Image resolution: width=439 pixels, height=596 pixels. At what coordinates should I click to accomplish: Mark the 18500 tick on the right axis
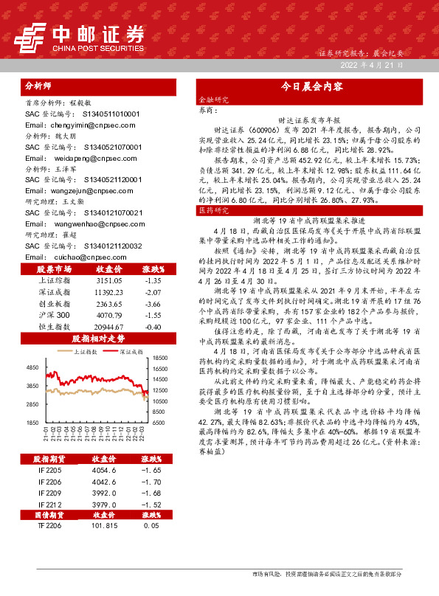162,357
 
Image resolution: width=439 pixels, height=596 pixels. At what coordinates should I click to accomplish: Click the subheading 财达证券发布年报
308,119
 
